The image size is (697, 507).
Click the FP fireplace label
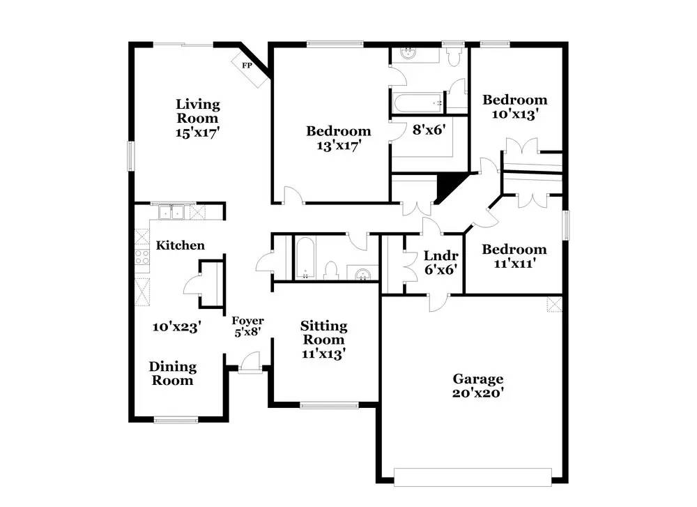point(247,66)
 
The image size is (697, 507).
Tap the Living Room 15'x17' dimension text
point(198,133)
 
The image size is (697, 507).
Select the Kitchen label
point(181,245)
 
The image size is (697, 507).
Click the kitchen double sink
point(172,212)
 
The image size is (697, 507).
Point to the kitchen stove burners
point(142,257)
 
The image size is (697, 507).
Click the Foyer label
point(247,321)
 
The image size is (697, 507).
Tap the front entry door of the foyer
point(250,362)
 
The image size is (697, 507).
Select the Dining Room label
point(172,374)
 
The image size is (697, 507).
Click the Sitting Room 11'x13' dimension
point(323,354)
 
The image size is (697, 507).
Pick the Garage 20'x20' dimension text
point(478,393)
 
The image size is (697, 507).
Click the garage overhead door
point(473,477)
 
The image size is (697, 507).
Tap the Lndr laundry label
point(441,256)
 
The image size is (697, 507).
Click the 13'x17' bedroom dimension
point(338,146)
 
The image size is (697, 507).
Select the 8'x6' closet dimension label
point(429,130)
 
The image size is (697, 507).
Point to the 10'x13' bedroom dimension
point(515,114)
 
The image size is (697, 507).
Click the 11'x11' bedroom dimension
point(514,264)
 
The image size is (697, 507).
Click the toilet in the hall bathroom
point(330,271)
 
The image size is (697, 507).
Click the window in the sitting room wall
point(330,405)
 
